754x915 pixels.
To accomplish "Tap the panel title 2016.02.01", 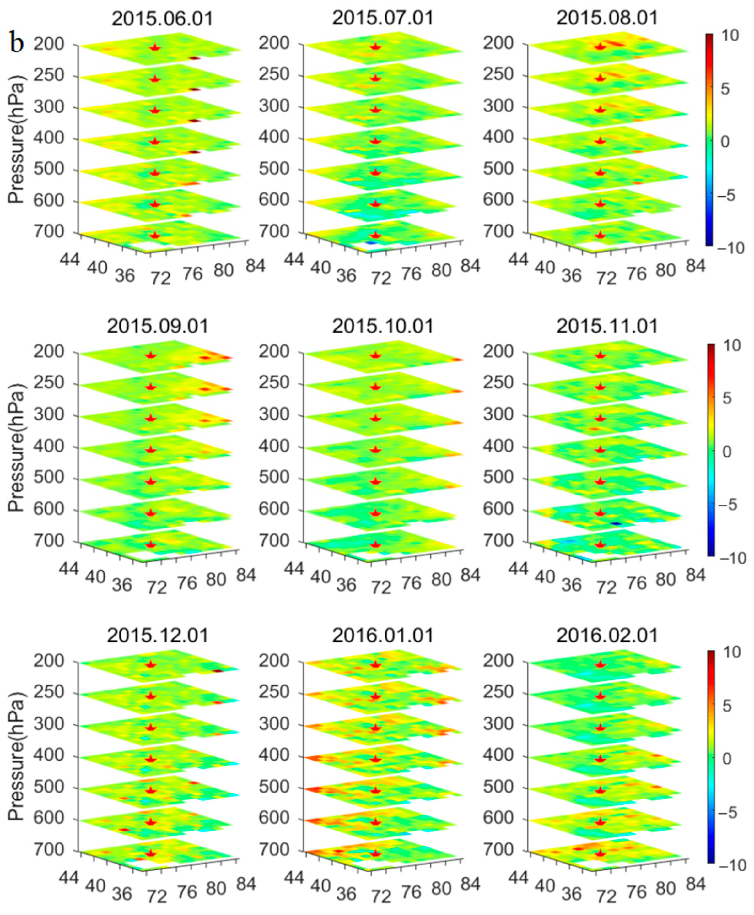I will click(x=607, y=636).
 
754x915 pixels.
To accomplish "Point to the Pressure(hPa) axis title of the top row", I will click(x=17, y=139).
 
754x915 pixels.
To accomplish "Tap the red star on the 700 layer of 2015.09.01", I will click(x=151, y=544).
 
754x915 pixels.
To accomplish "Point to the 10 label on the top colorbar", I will click(x=731, y=35).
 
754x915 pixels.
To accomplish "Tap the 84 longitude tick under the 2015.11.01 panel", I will click(x=695, y=575).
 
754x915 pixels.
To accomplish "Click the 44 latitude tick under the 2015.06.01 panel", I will click(x=69, y=259).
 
